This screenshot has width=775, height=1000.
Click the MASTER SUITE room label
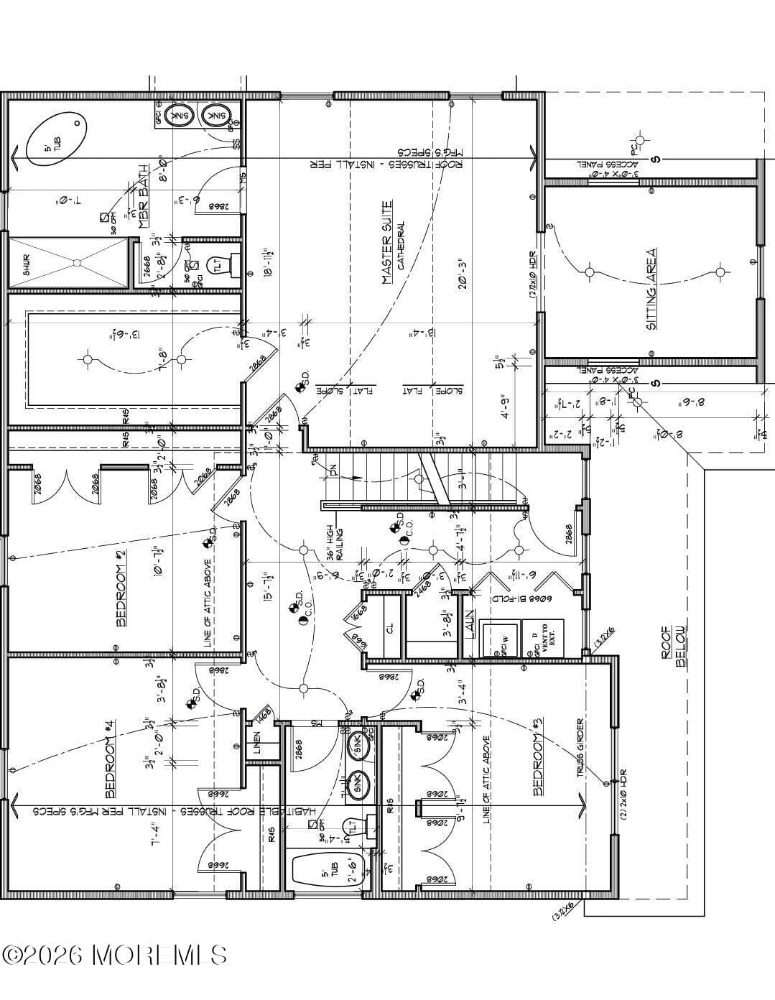tap(387, 243)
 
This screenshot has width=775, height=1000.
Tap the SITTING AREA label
tap(651, 289)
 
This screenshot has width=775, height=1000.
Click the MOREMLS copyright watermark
tap(115, 954)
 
